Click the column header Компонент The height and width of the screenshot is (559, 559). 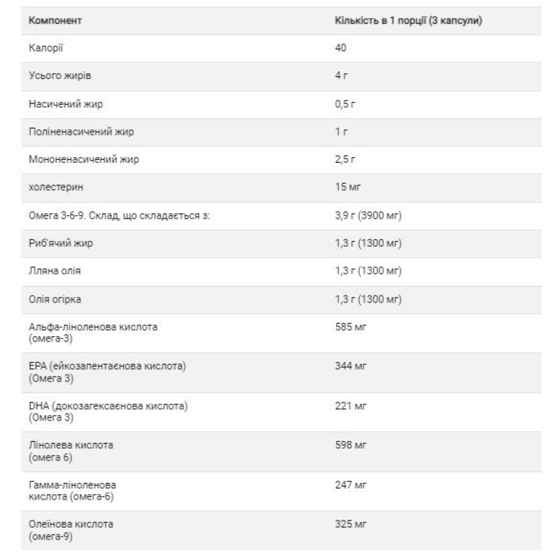55,20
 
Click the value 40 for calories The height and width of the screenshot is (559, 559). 341,48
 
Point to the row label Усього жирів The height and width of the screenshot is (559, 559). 60,75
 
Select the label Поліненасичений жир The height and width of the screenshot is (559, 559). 81,131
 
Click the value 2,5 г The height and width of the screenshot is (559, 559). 346,159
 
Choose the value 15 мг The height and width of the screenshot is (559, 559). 348,187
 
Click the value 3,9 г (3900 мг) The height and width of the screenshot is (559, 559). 368,215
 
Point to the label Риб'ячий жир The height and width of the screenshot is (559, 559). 61,243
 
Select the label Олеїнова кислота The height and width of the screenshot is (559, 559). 71,524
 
